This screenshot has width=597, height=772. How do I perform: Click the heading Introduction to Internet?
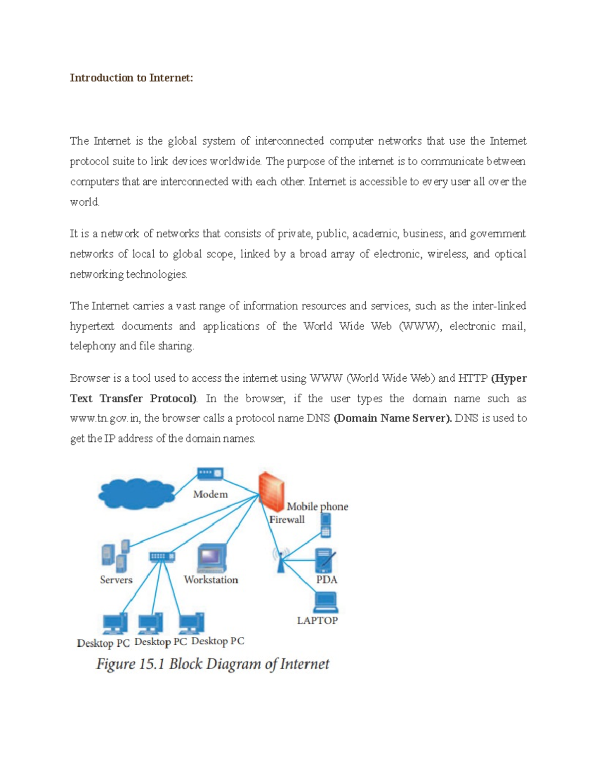[131, 78]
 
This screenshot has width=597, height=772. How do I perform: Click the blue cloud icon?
[136, 493]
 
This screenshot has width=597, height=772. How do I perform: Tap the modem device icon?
[210, 473]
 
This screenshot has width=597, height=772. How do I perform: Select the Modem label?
[210, 494]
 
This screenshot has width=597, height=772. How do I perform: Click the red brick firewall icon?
[271, 491]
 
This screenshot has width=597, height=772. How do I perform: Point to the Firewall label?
[287, 519]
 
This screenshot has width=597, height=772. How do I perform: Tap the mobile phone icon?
[326, 525]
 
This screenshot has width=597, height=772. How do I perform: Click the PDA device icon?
[325, 560]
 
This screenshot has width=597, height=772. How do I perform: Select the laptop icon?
[326, 602]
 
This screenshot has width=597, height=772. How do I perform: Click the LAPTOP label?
[317, 620]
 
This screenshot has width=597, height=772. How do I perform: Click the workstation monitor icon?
[212, 558]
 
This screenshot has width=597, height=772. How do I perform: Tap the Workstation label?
[211, 580]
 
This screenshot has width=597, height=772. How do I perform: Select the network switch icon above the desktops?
[162, 556]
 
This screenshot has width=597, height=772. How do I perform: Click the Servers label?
[116, 580]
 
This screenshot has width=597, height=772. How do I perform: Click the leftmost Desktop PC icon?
[115, 623]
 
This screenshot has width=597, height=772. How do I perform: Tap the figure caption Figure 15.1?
[212, 664]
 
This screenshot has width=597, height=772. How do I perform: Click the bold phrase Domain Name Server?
[393, 418]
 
